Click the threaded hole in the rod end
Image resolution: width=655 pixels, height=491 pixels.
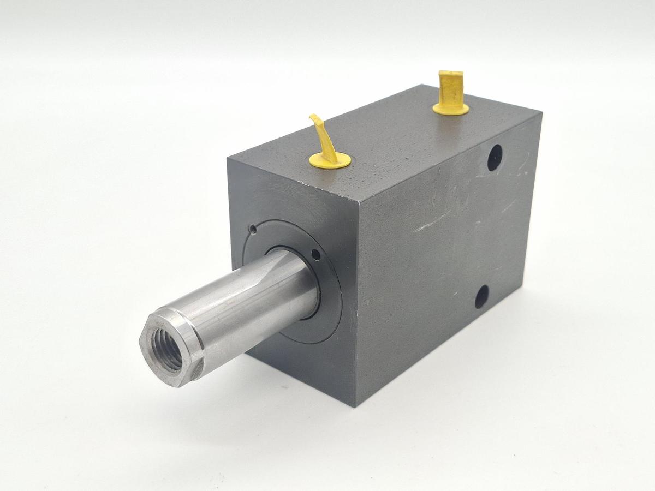166,350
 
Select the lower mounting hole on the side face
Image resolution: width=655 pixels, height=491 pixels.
481,296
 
